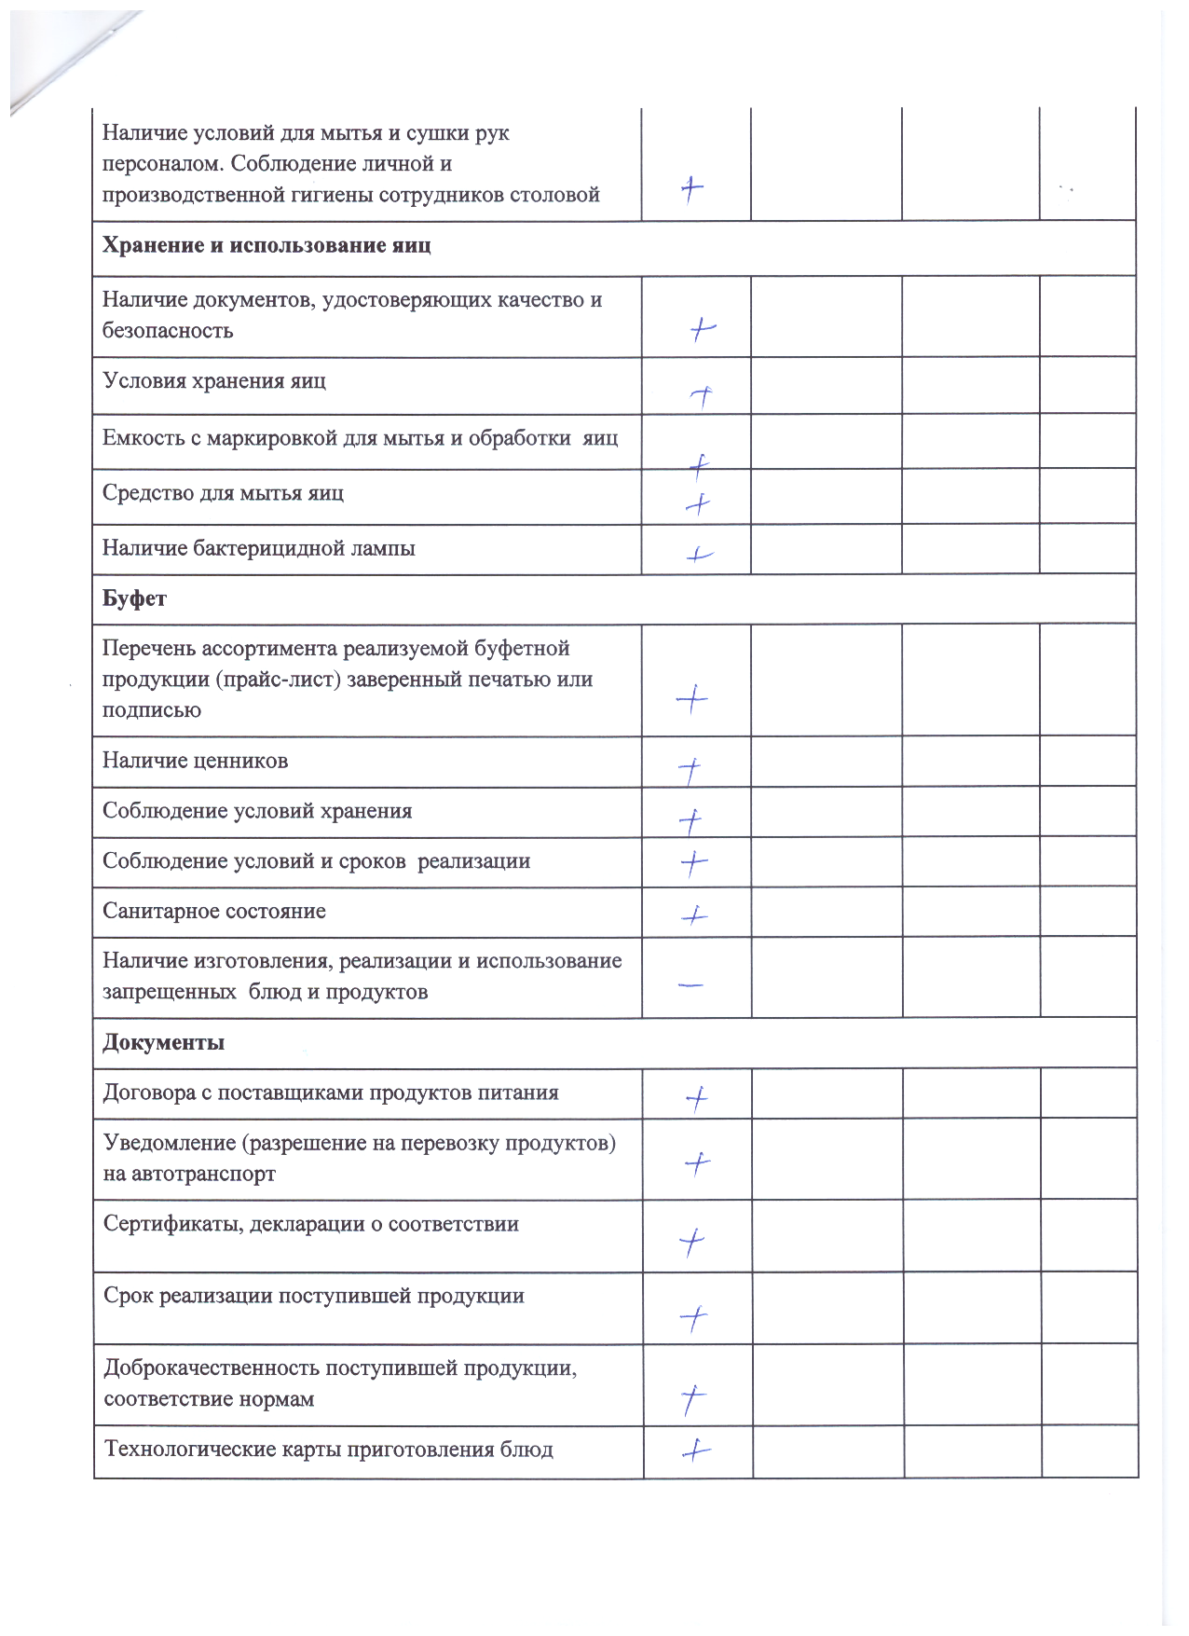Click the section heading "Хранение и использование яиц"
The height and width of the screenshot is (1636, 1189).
(x=266, y=246)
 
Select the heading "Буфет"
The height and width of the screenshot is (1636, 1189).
(x=134, y=598)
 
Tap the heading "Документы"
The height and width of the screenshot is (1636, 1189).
(x=163, y=1042)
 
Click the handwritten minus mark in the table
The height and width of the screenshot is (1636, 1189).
(x=690, y=984)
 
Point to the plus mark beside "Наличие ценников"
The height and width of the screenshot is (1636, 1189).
(x=690, y=771)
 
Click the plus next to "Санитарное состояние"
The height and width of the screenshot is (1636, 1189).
(x=694, y=915)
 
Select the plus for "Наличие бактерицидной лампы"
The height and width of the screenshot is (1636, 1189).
(x=699, y=555)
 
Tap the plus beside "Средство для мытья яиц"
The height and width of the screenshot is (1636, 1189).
(x=698, y=504)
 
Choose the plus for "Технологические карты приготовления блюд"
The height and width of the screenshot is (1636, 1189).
(x=696, y=1450)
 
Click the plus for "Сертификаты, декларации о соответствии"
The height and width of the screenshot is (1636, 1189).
(x=692, y=1242)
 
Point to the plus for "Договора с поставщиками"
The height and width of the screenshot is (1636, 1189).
(x=696, y=1099)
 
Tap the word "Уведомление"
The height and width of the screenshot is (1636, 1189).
(x=170, y=1143)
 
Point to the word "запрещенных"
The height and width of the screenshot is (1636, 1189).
(x=169, y=992)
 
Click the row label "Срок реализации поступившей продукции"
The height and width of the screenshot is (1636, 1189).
(x=313, y=1296)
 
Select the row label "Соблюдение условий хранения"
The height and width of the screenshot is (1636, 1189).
(x=257, y=811)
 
